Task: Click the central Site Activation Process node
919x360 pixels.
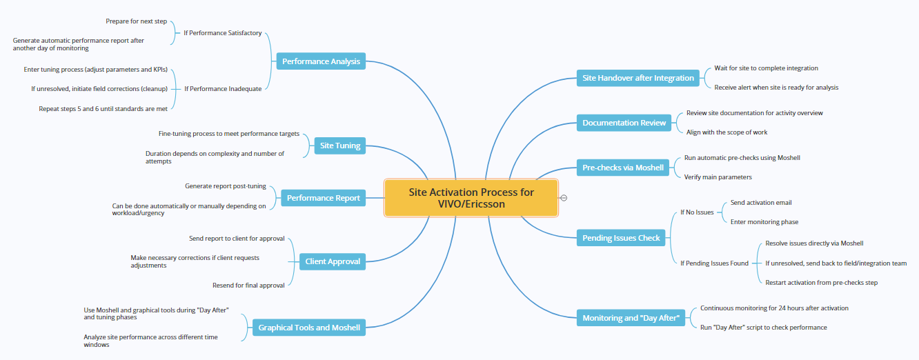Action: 471,198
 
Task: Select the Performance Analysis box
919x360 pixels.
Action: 321,61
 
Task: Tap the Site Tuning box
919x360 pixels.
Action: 339,146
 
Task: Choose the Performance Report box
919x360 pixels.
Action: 324,198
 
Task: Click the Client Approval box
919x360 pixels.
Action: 333,261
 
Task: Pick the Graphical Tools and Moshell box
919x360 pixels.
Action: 309,328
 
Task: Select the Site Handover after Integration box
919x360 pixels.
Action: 638,78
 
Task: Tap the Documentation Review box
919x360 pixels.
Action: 624,123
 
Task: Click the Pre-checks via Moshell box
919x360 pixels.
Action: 623,168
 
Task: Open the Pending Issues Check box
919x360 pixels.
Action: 621,238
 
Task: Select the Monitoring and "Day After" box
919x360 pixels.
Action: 631,318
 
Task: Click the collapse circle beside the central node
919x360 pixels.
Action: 564,198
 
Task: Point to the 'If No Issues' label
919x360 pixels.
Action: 697,212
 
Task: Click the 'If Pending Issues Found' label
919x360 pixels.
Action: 714,263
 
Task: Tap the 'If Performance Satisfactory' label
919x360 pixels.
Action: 222,33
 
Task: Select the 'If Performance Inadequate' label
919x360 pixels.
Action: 223,88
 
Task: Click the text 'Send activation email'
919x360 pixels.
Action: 761,203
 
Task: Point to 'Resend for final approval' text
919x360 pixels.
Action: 248,286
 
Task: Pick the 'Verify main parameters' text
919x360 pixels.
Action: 718,177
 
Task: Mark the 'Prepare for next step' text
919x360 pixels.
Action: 136,21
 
